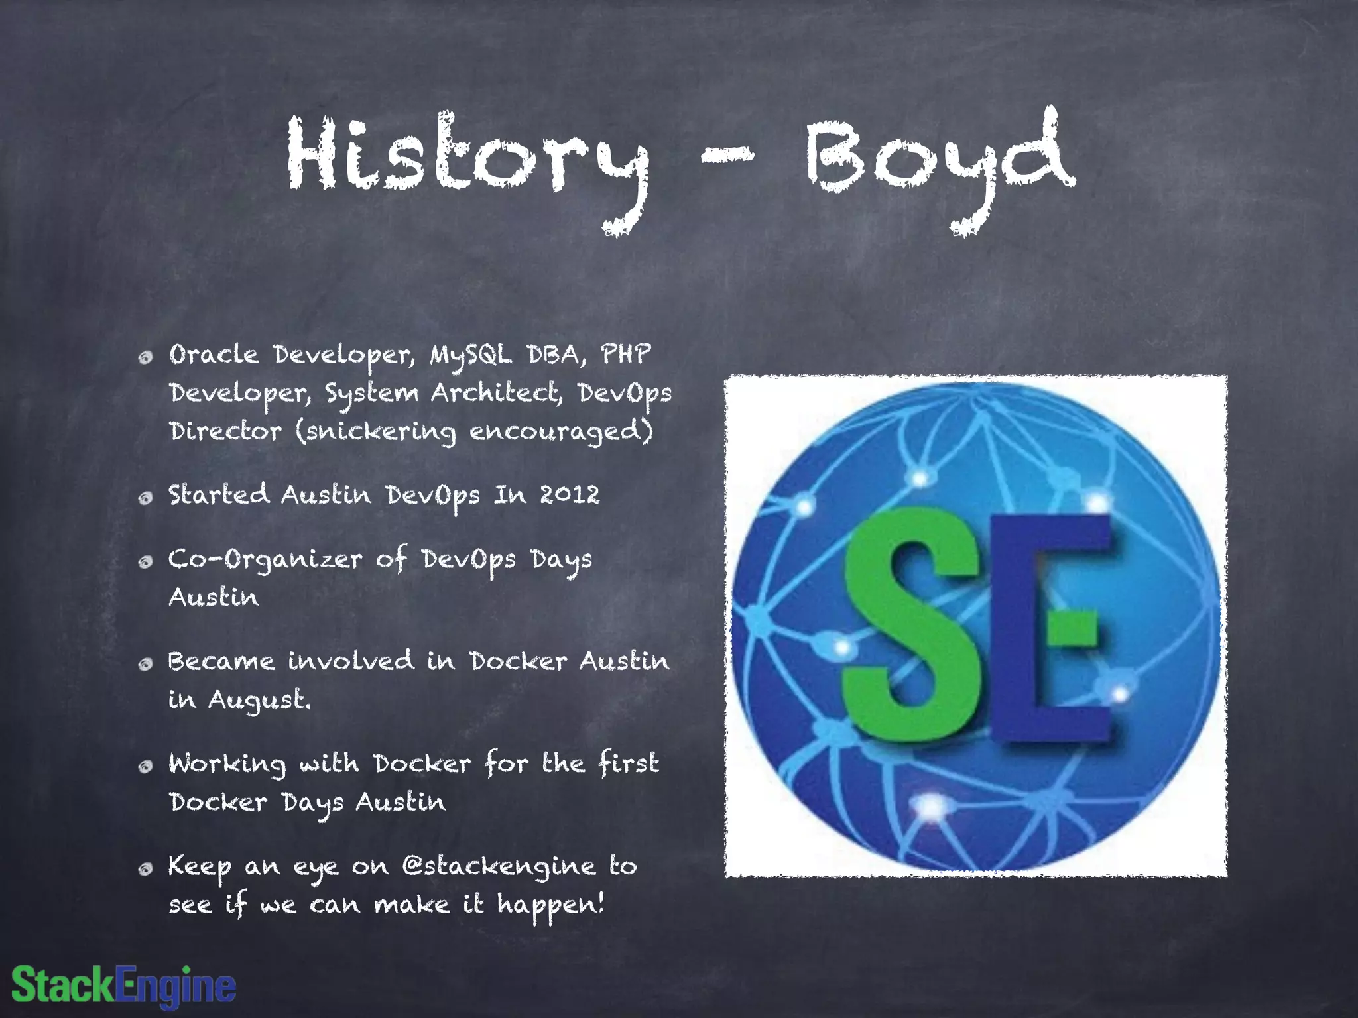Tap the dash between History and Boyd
[x=727, y=156]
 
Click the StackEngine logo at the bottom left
[x=123, y=986]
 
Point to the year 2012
[x=569, y=495]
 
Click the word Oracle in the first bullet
[x=214, y=355]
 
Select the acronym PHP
[x=625, y=354]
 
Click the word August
[x=259, y=700]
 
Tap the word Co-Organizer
[x=265, y=561]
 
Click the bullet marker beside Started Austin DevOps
[x=145, y=498]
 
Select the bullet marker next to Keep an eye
[x=145, y=869]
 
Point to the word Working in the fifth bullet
[x=227, y=764]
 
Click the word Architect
[x=496, y=393]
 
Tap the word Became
[x=221, y=661]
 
